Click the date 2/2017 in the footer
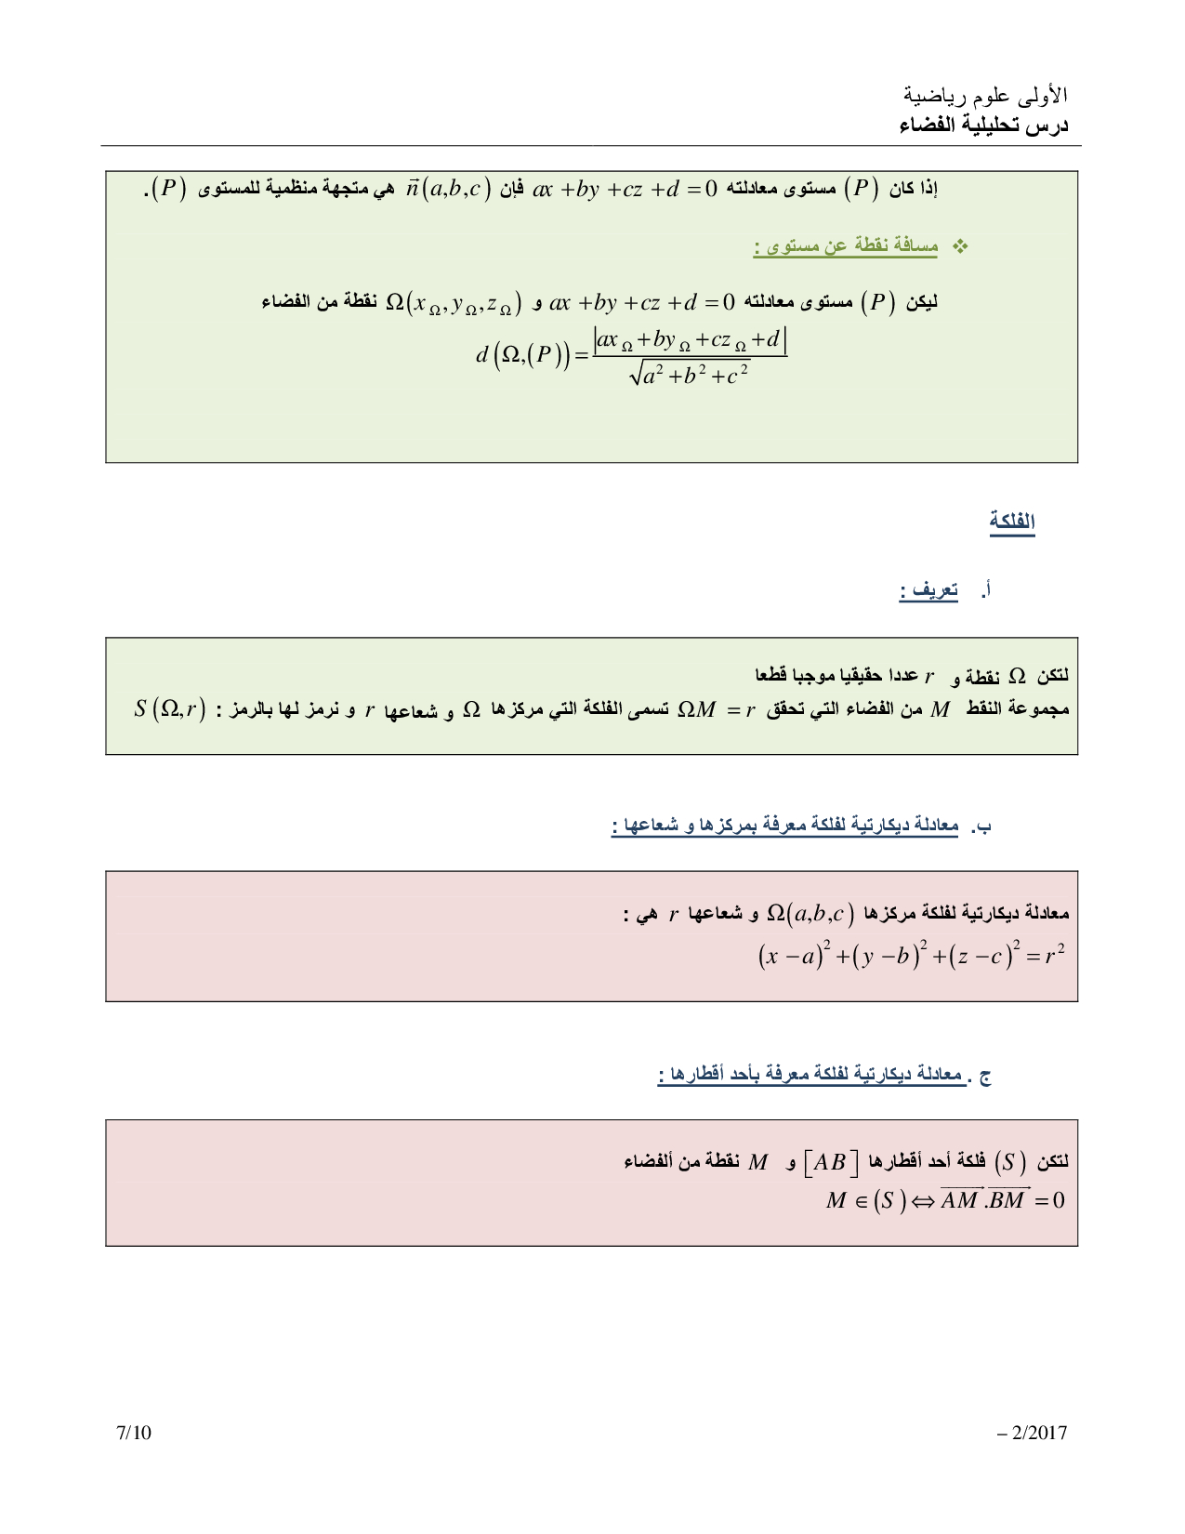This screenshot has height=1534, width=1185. pyautogui.click(x=1033, y=1433)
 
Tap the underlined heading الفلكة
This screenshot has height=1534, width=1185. pyautogui.click(x=1012, y=522)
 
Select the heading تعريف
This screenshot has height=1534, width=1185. pyautogui.click(x=928, y=591)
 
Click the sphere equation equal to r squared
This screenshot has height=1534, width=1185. pyautogui.click(x=911, y=956)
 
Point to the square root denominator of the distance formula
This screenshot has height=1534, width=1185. pyautogui.click(x=690, y=375)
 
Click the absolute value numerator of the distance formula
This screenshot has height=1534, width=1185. pyautogui.click(x=691, y=341)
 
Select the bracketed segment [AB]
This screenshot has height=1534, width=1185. pyautogui.click(x=830, y=1162)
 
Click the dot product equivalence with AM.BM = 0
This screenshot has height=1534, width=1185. pyautogui.click(x=944, y=1200)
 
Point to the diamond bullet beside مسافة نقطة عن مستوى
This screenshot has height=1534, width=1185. pyautogui.click(x=962, y=246)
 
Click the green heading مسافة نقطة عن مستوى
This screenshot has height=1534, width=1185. pyautogui.click(x=846, y=246)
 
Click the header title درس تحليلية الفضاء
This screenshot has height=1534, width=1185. pyautogui.click(x=983, y=126)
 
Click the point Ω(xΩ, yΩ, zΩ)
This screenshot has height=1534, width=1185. pyautogui.click(x=454, y=303)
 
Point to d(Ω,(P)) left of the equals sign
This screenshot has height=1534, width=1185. pyautogui.click(x=523, y=354)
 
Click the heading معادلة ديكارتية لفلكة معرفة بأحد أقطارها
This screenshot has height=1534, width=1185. pyautogui.click(x=810, y=1076)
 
